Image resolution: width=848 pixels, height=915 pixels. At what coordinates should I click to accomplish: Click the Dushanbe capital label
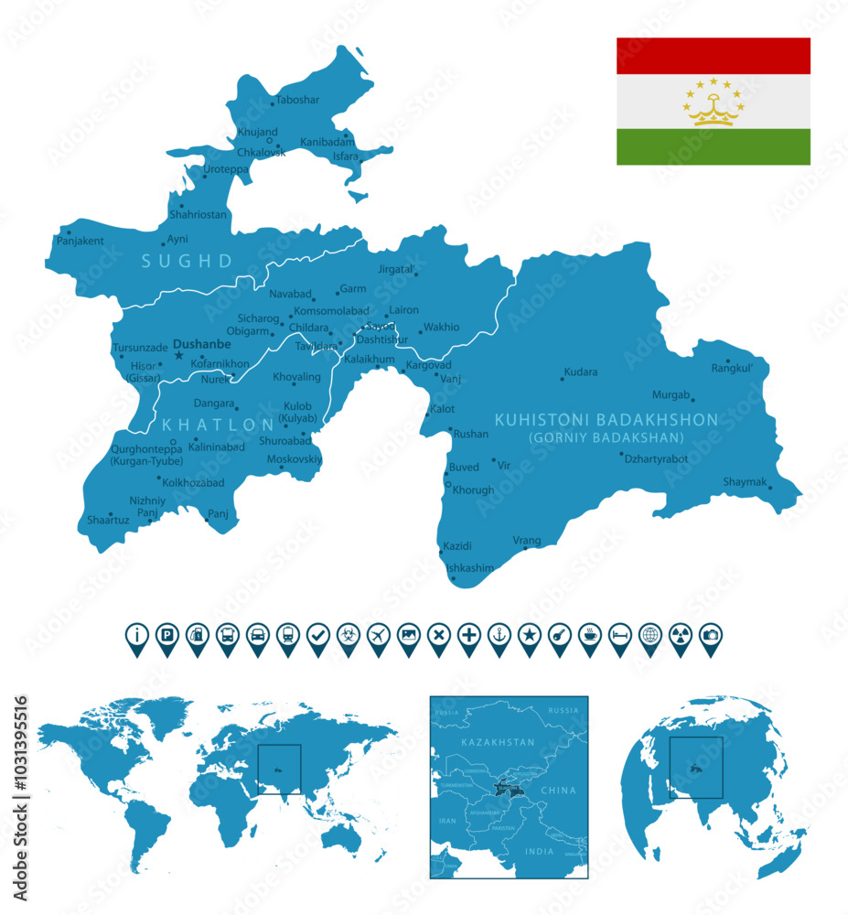tap(202, 345)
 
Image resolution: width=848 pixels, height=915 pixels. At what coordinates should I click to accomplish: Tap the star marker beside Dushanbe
tap(179, 355)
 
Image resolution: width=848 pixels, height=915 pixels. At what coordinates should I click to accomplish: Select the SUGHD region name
tap(187, 262)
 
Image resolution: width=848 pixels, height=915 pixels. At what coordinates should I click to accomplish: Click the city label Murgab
tap(670, 394)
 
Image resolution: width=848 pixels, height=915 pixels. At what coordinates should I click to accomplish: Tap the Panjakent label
tap(80, 242)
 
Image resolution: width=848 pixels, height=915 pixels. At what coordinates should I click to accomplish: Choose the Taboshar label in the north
tap(297, 100)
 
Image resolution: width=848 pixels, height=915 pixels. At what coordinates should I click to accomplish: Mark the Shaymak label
tap(745, 481)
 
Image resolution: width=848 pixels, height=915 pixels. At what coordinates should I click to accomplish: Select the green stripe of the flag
tap(713, 146)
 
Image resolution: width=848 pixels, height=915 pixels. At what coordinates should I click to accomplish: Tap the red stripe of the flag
tap(713, 55)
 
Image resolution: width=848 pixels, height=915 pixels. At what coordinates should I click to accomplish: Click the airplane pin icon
tap(378, 634)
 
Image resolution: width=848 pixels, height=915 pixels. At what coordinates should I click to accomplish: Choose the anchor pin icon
tap(499, 634)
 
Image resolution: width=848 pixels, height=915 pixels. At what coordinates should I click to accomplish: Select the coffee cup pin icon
tap(589, 634)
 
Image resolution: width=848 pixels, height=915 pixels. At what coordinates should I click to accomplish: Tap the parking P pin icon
tap(166, 634)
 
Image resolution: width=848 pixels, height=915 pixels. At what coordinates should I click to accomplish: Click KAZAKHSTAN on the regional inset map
tap(498, 742)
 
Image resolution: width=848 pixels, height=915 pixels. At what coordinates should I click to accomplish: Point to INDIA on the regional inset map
tap(539, 850)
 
